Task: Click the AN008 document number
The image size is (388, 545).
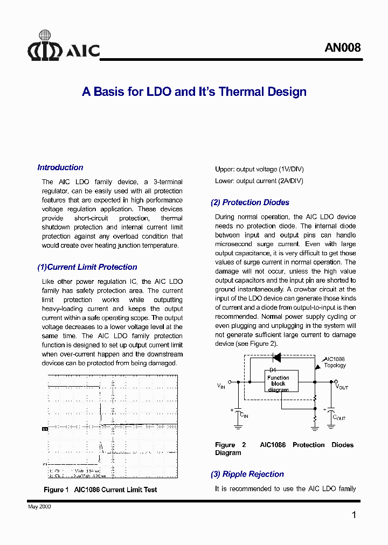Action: [342, 47]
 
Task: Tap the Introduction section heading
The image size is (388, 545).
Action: [60, 167]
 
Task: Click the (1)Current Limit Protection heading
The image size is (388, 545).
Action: [87, 267]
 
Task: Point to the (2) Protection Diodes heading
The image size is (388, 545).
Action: [250, 202]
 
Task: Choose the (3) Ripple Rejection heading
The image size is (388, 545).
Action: [247, 474]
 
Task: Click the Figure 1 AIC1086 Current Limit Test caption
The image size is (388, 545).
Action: [100, 490]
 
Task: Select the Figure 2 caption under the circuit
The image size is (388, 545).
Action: [284, 449]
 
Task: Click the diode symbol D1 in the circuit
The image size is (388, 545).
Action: [278, 357]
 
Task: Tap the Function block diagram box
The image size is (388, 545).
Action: [278, 383]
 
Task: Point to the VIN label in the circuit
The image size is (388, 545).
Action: [221, 386]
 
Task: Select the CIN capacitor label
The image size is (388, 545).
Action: [244, 416]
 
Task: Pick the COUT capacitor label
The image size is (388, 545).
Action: [339, 417]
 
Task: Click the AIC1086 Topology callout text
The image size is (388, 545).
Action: [335, 362]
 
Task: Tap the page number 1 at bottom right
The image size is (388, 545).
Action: [354, 515]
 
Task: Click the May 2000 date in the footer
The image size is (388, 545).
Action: [39, 507]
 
